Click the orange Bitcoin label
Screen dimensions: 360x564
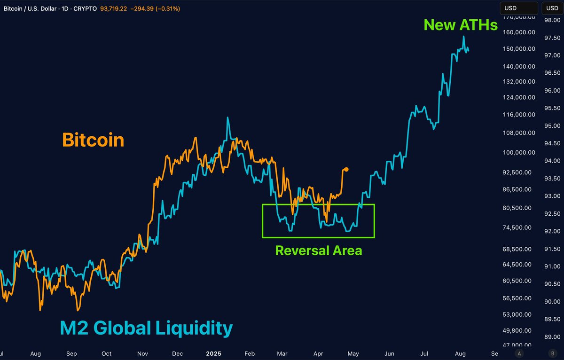click(x=93, y=140)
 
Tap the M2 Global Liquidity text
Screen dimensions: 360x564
click(x=146, y=328)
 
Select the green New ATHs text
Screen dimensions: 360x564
click(x=461, y=25)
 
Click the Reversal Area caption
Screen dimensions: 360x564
click(x=319, y=250)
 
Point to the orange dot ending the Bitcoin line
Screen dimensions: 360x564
click(x=346, y=169)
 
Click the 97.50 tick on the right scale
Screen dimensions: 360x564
click(x=551, y=38)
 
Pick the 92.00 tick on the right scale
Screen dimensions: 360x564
click(x=551, y=231)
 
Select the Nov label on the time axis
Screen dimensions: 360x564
click(x=143, y=353)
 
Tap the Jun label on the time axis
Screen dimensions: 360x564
click(x=389, y=353)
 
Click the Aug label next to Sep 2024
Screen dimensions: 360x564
click(x=36, y=353)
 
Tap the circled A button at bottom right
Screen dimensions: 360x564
click(x=519, y=353)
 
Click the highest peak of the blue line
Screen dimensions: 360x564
click(x=464, y=36)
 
